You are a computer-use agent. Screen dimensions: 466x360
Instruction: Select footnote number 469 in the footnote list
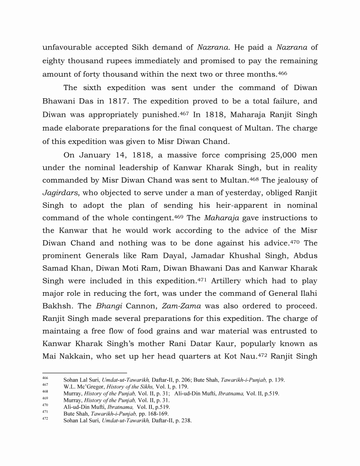click(x=45, y=399)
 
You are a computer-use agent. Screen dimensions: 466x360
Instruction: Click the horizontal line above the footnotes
click(x=84, y=373)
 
